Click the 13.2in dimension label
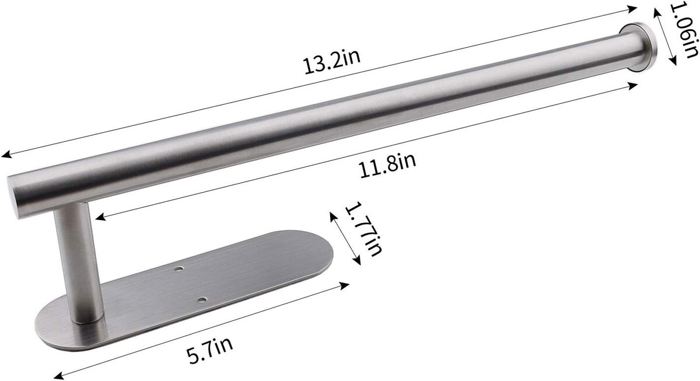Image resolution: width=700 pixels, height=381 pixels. click(x=332, y=61)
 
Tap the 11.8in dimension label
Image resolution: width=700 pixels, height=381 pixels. click(x=388, y=165)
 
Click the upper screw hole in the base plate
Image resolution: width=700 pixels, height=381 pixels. click(x=178, y=268)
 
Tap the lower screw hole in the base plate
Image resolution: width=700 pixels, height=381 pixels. click(x=202, y=300)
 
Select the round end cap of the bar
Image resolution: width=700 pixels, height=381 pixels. click(x=638, y=47)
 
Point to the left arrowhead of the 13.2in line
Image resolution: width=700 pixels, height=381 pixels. click(x=6, y=155)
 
